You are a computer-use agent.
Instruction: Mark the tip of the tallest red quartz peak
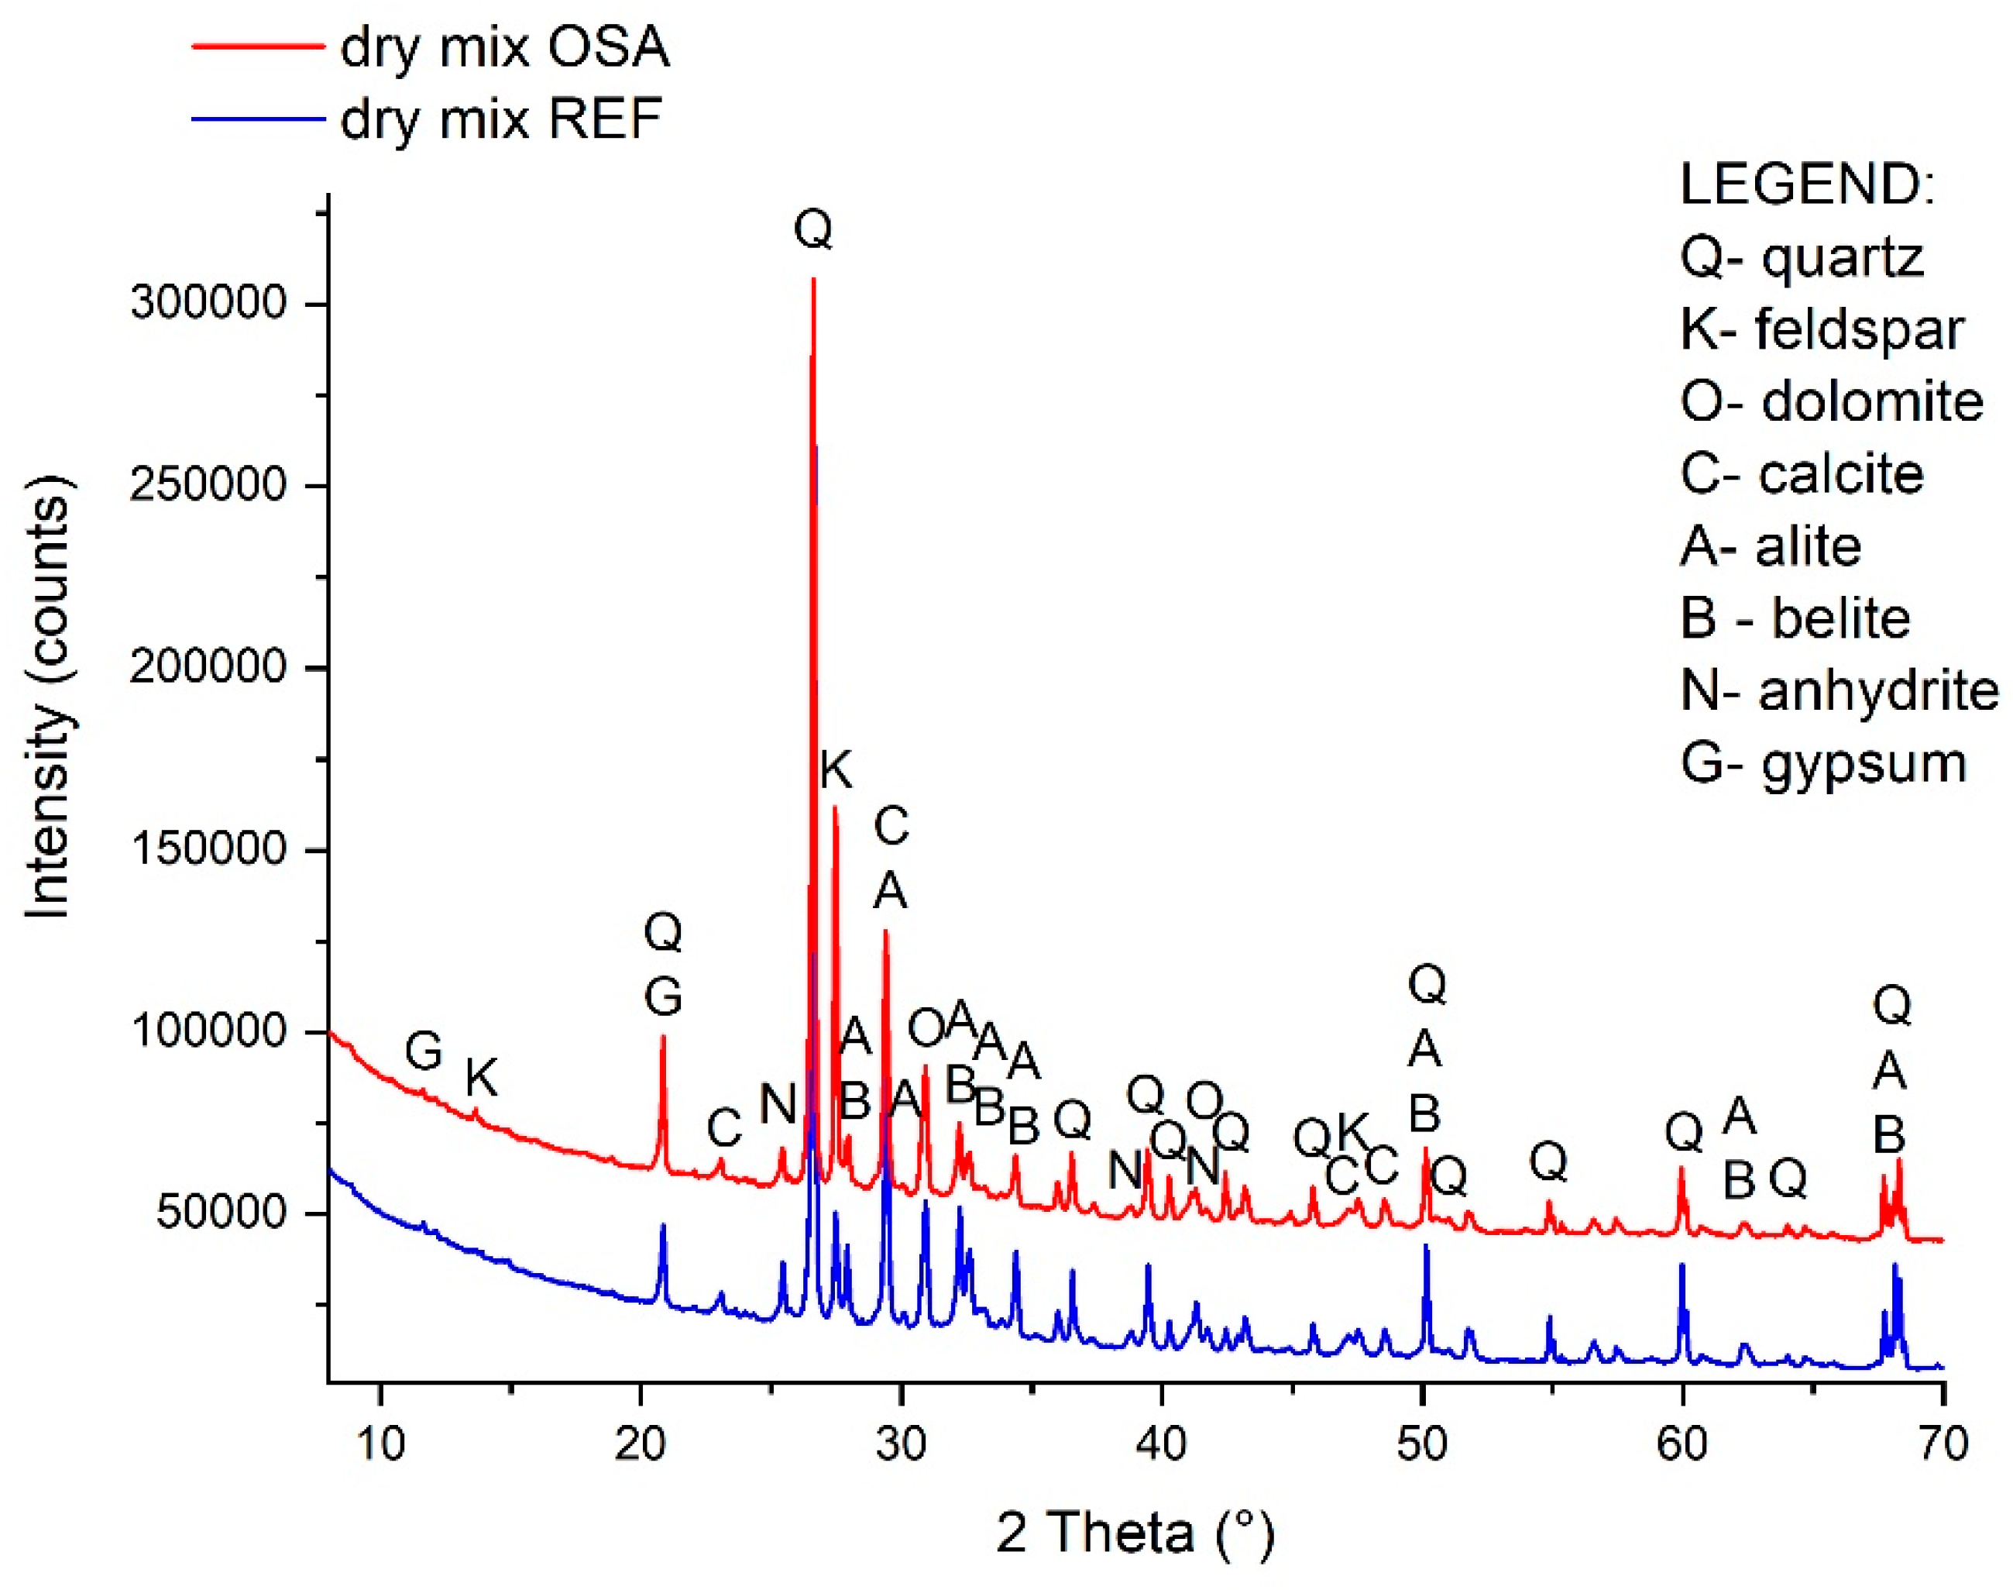[813, 277]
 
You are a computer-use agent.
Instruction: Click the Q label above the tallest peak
[813, 228]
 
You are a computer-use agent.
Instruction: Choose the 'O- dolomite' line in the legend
[1832, 401]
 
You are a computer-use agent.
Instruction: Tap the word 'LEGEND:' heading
[1807, 184]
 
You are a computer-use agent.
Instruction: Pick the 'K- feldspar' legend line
[1822, 329]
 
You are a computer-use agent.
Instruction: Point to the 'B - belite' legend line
[1795, 618]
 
